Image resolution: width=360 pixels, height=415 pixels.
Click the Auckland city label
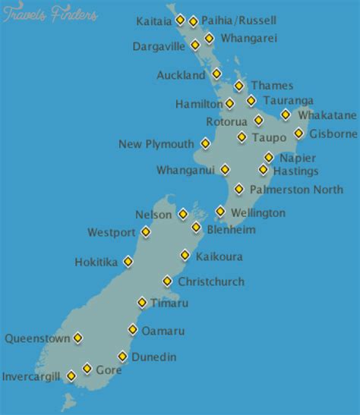coord(181,76)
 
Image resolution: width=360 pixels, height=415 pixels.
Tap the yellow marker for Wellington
coord(220,212)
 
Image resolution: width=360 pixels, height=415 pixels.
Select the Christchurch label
coord(211,281)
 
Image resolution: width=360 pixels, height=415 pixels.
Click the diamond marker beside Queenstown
coord(77,338)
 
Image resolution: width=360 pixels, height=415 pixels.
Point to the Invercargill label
coord(30,376)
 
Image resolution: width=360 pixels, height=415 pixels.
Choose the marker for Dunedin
coord(122,356)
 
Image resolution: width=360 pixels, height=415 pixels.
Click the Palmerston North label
coord(296,190)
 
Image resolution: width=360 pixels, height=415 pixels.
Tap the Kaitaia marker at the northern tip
coord(180,20)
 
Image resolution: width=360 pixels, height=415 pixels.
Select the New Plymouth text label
coord(156,144)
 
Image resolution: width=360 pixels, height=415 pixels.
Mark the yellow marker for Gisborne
coord(299,134)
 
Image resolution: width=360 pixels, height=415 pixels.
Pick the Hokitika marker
coord(128,262)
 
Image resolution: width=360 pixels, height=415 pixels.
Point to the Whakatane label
coord(327,115)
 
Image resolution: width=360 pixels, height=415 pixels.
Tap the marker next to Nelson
coord(183,215)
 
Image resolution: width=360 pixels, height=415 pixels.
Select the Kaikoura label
coord(219,256)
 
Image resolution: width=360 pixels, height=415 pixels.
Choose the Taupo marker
coord(242,137)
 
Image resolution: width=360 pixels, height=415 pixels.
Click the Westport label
coord(111,232)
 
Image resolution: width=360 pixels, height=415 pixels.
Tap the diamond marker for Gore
coord(87,369)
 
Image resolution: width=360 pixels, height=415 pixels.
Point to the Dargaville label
coord(159,46)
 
